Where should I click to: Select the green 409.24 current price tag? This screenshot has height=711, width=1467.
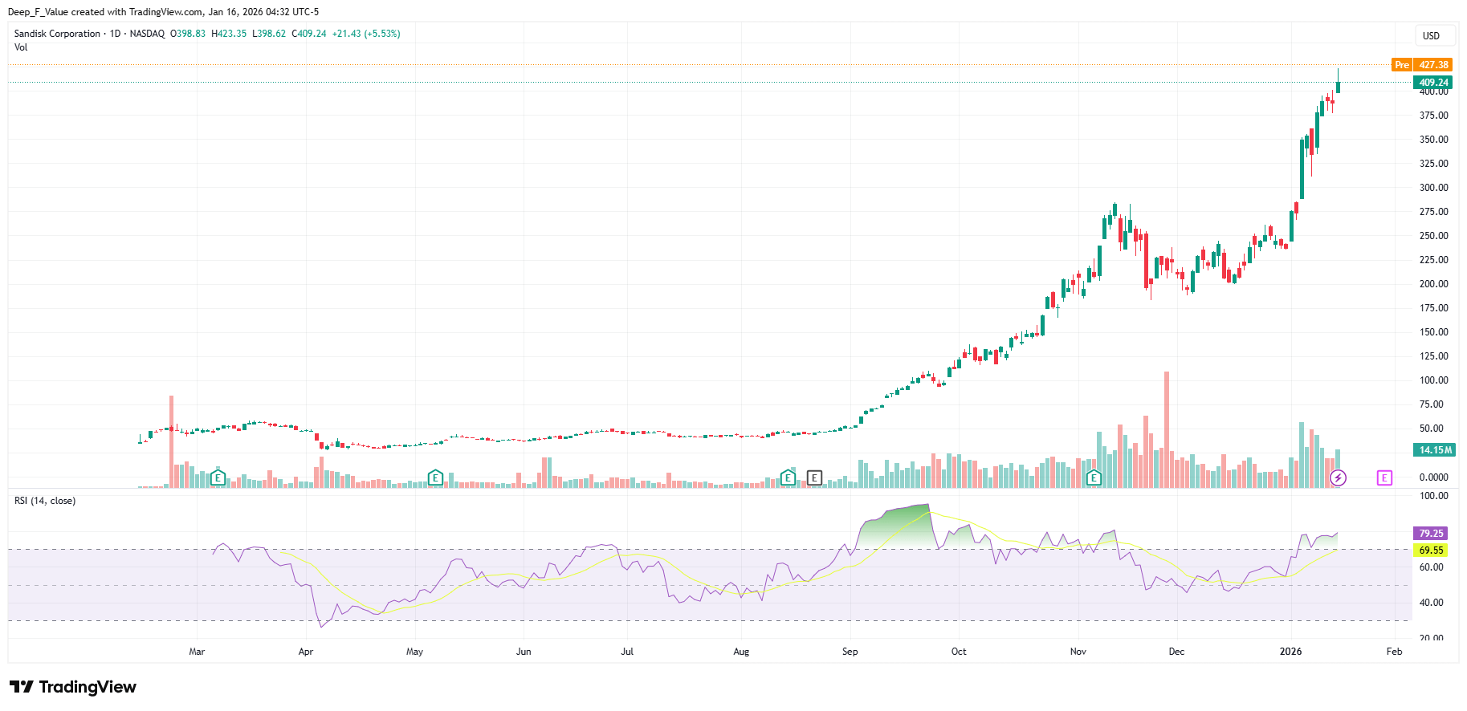pyautogui.click(x=1432, y=83)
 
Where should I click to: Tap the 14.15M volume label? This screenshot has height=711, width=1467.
pyautogui.click(x=1435, y=450)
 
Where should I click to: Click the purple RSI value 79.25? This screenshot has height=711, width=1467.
pyautogui.click(x=1430, y=534)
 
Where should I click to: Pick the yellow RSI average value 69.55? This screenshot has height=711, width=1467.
pyautogui.click(x=1430, y=551)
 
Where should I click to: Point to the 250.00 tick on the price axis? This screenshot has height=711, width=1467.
pyautogui.click(x=1433, y=236)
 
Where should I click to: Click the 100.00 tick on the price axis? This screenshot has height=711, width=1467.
pyautogui.click(x=1433, y=380)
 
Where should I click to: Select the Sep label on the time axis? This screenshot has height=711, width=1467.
pyautogui.click(x=850, y=652)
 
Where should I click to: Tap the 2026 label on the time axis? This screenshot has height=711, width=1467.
pyautogui.click(x=1290, y=652)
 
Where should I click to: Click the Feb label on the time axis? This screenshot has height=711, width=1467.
pyautogui.click(x=1394, y=652)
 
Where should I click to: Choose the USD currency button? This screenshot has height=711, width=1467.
pyautogui.click(x=1431, y=36)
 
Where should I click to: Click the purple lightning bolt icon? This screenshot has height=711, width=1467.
pyautogui.click(x=1338, y=478)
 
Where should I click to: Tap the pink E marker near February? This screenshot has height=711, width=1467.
pyautogui.click(x=1384, y=478)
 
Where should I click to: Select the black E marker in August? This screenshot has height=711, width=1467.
pyautogui.click(x=814, y=478)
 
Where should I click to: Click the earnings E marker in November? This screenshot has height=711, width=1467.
pyautogui.click(x=1094, y=478)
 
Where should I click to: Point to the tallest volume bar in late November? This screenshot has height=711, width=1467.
pyautogui.click(x=1167, y=429)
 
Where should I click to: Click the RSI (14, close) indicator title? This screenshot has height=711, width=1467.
pyautogui.click(x=45, y=501)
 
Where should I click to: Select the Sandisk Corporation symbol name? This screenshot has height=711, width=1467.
pyautogui.click(x=58, y=34)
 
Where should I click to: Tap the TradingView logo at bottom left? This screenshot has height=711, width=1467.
pyautogui.click(x=73, y=687)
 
